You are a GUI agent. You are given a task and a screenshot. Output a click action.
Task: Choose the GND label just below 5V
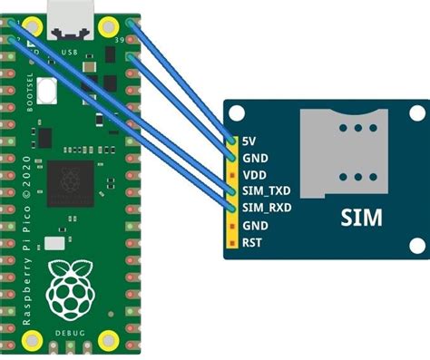pyautogui.click(x=256, y=157)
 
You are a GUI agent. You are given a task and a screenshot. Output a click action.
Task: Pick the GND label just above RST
pyautogui.click(x=256, y=225)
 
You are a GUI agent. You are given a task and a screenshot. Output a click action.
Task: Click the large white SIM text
pyautogui.click(x=361, y=218)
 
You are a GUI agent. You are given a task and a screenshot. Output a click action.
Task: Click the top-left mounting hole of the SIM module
pyautogui.click(x=238, y=115)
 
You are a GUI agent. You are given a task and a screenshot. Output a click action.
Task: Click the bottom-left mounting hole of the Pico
pyautogui.click(x=34, y=340)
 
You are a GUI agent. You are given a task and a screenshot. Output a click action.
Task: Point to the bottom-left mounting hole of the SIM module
pyautogui.click(x=238, y=248)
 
